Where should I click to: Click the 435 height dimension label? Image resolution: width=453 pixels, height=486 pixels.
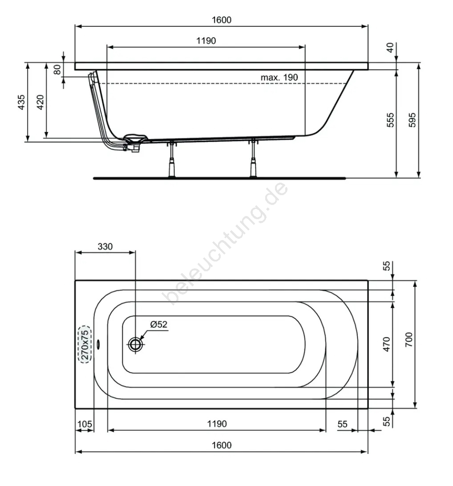[21, 102]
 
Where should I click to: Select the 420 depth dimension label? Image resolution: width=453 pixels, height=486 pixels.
[40, 102]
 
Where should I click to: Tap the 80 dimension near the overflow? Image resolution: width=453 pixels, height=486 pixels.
[57, 70]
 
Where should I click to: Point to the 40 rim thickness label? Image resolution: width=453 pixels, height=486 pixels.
[390, 47]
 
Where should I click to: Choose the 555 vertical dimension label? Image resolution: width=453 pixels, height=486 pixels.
[390, 120]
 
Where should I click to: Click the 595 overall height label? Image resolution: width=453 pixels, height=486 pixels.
[412, 120]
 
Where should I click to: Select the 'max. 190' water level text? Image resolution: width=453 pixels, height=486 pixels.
[279, 77]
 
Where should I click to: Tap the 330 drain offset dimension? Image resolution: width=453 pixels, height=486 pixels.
[105, 246]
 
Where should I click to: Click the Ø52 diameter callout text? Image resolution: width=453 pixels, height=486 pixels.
[159, 324]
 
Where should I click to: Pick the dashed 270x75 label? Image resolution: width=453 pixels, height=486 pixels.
[85, 344]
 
